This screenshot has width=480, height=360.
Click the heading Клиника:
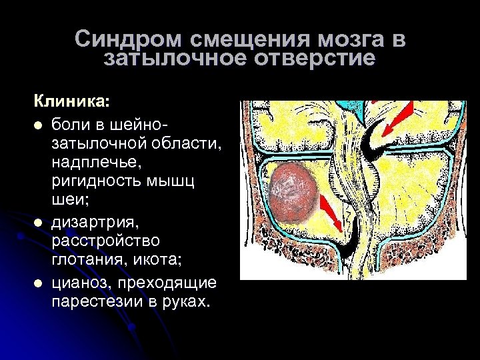[73, 102]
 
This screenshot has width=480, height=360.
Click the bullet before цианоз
[39, 285]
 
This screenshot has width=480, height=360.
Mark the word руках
[187, 303]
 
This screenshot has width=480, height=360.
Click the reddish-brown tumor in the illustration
[295, 190]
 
